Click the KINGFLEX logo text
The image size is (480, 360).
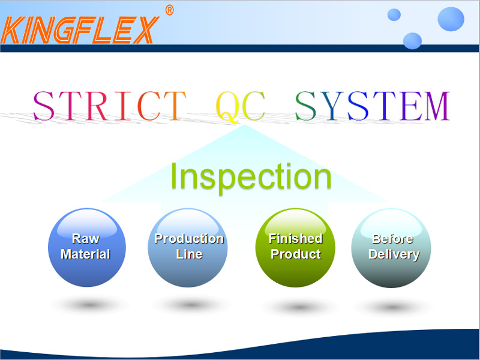[80, 30]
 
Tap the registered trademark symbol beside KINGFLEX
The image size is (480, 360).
[169, 10]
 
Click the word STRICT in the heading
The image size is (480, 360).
[110, 106]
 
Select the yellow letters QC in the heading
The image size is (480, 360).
[241, 107]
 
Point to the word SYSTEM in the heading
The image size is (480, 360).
[372, 106]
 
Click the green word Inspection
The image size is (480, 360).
[251, 176]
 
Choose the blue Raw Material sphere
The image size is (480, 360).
[87, 248]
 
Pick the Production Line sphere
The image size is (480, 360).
[188, 248]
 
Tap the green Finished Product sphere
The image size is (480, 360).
[295, 248]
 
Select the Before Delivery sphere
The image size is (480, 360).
[391, 248]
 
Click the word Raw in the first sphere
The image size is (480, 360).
[86, 238]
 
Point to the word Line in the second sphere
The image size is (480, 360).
[189, 254]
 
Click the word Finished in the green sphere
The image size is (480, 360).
[296, 238]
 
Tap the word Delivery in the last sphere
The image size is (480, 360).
[394, 254]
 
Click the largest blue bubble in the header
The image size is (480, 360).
[451, 19]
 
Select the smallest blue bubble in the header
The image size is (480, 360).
[394, 14]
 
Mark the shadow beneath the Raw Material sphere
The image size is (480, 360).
[89, 305]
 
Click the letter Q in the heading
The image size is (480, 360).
[227, 107]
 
